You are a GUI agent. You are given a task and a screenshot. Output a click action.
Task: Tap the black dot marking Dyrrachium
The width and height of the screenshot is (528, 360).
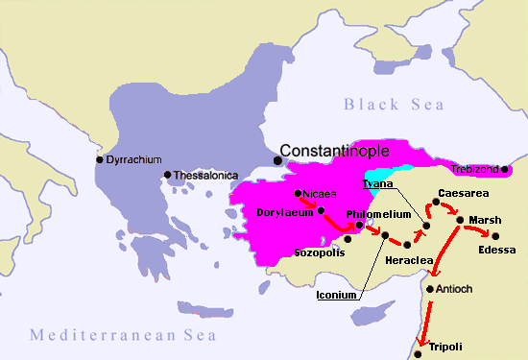point(99,159)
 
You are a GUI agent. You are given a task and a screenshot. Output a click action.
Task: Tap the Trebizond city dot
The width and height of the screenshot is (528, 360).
point(505,169)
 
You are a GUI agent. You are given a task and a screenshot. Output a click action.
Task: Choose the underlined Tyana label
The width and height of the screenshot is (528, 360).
point(375,183)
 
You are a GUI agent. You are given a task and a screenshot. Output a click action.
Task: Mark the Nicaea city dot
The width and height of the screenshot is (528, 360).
point(299,193)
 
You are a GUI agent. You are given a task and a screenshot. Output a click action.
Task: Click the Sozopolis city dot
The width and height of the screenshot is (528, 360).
point(348,238)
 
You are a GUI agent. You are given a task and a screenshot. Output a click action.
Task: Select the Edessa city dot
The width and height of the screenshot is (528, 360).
point(495,235)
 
